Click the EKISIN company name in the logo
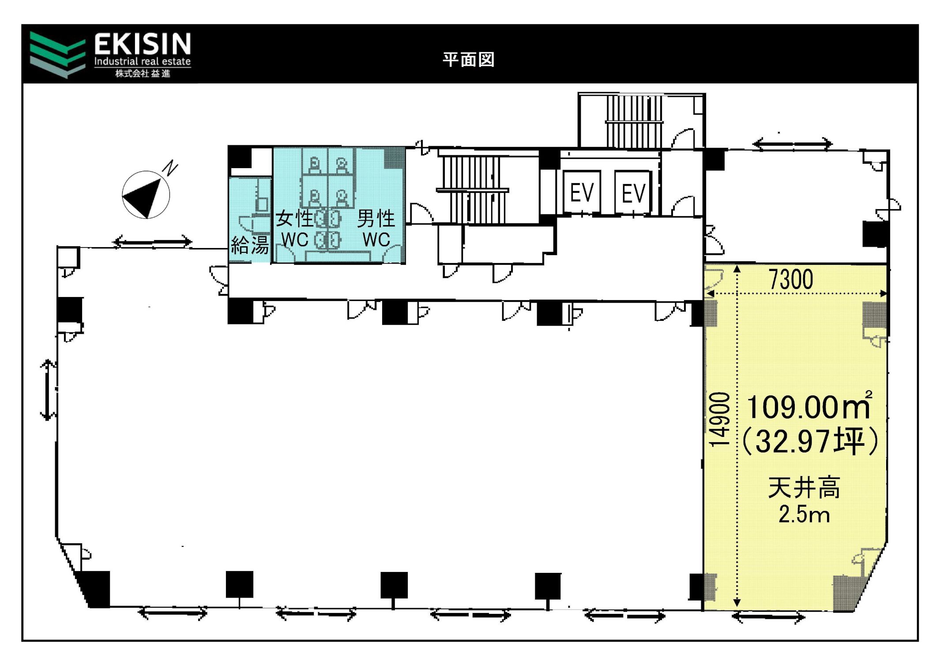click(142, 44)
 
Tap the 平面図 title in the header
click(468, 60)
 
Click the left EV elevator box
click(582, 192)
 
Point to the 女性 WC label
click(294, 229)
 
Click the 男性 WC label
click(376, 229)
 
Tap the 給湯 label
click(250, 245)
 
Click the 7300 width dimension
click(791, 279)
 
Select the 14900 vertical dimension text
click(719, 419)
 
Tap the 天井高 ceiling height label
click(804, 488)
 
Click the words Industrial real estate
click(142, 61)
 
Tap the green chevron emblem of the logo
click(57, 55)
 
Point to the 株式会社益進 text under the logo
click(143, 74)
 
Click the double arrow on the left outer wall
click(48, 390)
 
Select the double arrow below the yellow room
click(768, 617)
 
